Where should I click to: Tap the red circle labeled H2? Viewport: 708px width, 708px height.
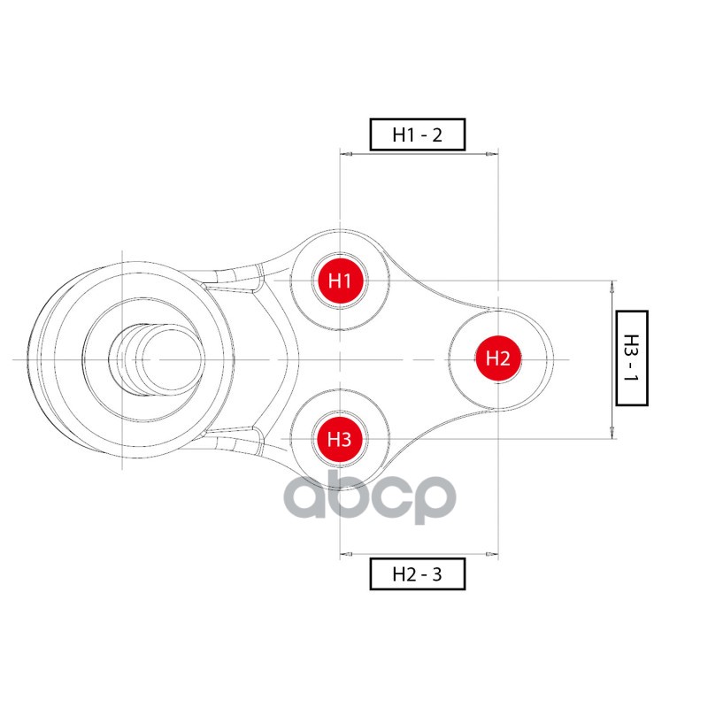pyautogui.click(x=497, y=358)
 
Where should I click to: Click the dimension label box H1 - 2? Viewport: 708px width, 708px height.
pyautogui.click(x=417, y=135)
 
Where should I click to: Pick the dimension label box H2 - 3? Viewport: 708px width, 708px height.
pyautogui.click(x=417, y=574)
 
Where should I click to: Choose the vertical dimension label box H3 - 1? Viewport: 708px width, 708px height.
pyautogui.click(x=631, y=358)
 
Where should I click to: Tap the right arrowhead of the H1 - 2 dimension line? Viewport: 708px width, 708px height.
pyautogui.click(x=492, y=154)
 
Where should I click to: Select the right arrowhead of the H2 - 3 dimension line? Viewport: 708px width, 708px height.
pyautogui.click(x=492, y=555)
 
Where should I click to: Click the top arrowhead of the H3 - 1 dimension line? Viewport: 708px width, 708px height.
pyautogui.click(x=612, y=286)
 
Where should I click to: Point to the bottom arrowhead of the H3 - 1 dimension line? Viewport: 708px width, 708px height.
pyautogui.click(x=612, y=434)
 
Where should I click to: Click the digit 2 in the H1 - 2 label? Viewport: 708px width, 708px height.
pyautogui.click(x=435, y=135)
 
